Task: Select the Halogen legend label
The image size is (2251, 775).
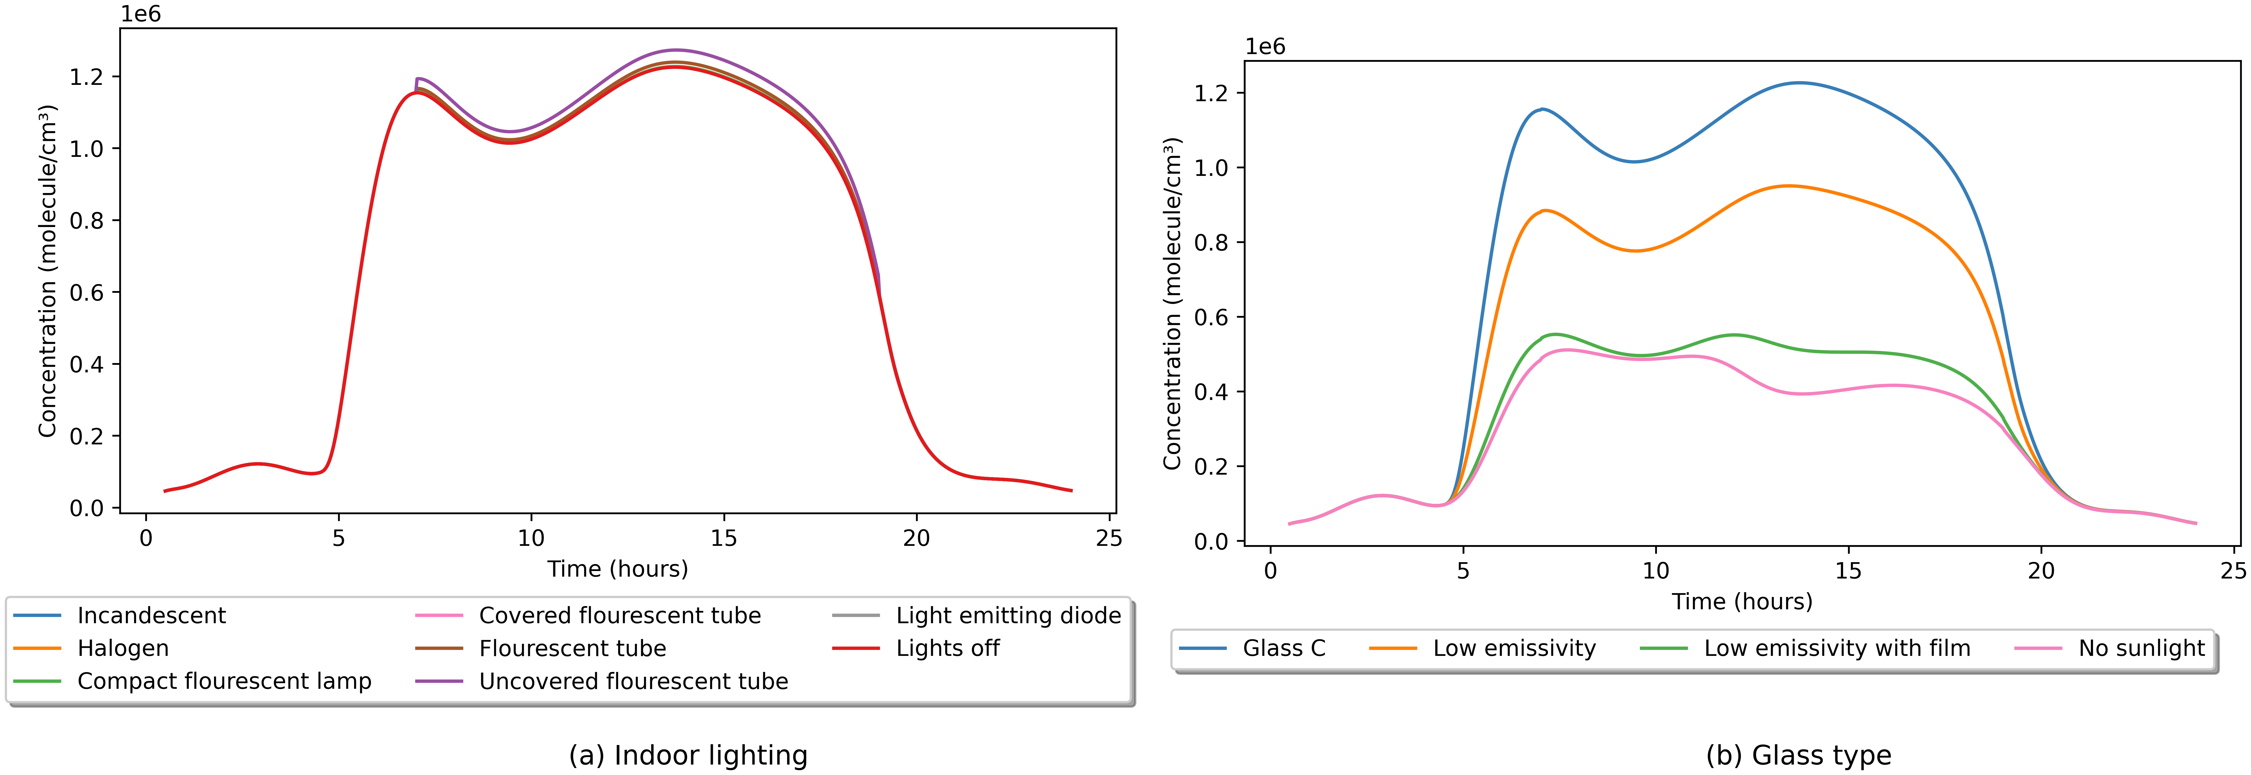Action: tap(122, 648)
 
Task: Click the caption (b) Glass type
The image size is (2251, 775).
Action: tap(1798, 755)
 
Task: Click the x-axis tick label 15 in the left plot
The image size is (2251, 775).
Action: tap(724, 538)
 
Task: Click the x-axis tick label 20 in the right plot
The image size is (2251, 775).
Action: tap(2041, 572)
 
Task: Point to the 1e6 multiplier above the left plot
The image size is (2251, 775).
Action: tap(141, 14)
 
